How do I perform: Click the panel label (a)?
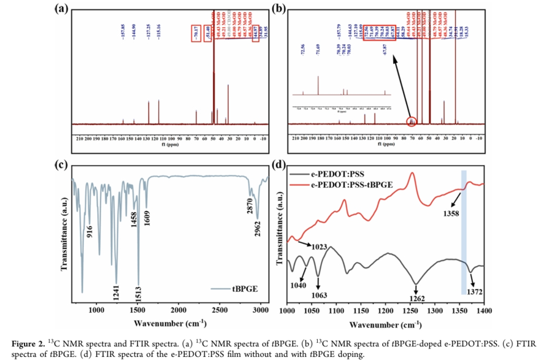coord(62,9)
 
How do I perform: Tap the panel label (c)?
coord(61,164)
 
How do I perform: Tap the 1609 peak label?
coord(147,216)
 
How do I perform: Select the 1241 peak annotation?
coord(115,284)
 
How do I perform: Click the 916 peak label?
coord(90,232)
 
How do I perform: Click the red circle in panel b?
coord(412,121)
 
